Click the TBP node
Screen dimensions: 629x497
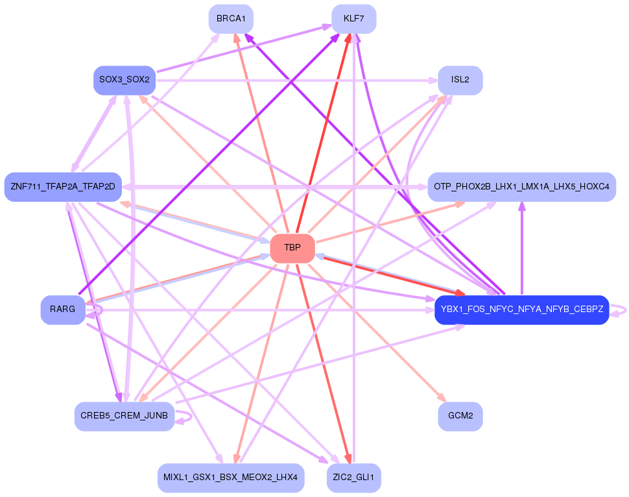[292, 248]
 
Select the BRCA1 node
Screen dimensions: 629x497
[231, 19]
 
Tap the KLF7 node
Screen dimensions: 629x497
[353, 19]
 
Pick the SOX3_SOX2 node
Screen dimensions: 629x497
[125, 80]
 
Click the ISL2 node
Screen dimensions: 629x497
[460, 80]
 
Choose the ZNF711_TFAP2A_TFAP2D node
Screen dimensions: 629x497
[63, 187]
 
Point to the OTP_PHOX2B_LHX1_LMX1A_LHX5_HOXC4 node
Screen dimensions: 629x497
[521, 187]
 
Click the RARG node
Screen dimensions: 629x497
[63, 309]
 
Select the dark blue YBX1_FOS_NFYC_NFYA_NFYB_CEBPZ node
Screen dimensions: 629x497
[521, 309]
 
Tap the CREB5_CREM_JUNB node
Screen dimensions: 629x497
[125, 416]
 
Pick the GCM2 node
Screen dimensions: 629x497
[460, 416]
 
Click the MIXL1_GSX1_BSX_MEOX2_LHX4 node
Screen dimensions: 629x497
[231, 478]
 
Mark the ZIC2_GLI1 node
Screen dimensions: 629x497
[353, 478]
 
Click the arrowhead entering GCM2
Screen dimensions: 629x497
[442, 397]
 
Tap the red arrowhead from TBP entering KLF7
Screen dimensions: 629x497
[349, 38]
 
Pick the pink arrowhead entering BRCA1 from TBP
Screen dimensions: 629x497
[237, 38]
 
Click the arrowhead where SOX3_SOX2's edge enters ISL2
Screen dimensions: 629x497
[433, 80]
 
